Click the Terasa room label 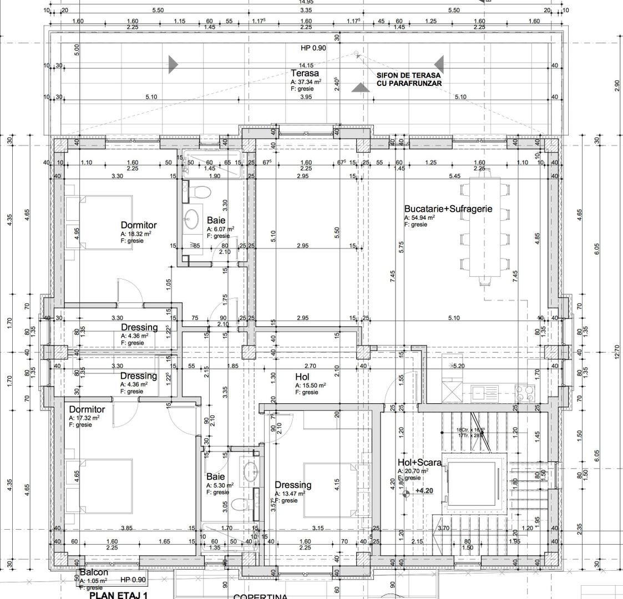(x=305, y=73)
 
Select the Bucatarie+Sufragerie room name (x=448, y=210)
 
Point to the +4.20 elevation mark (x=423, y=491)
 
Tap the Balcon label (x=93, y=572)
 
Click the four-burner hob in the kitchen (x=525, y=393)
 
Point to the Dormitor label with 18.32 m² (x=139, y=225)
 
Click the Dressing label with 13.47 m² (x=293, y=485)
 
